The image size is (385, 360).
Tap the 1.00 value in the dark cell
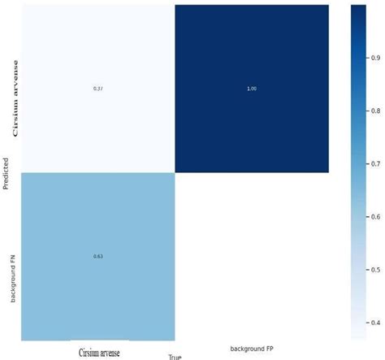click(x=251, y=88)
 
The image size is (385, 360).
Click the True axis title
click(x=174, y=356)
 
